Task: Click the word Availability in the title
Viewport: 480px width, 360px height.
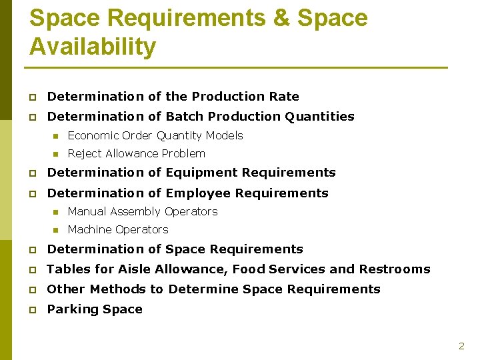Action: point(93,47)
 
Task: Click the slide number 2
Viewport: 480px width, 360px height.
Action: point(461,346)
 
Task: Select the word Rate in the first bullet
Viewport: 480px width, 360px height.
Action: point(285,97)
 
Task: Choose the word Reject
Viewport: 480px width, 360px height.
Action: point(83,154)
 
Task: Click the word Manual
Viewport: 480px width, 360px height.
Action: point(86,211)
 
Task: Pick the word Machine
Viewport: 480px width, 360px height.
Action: point(89,229)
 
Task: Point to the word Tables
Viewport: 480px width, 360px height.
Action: point(65,269)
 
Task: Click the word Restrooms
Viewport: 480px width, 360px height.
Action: point(395,269)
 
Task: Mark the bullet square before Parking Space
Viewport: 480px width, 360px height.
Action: point(31,309)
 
